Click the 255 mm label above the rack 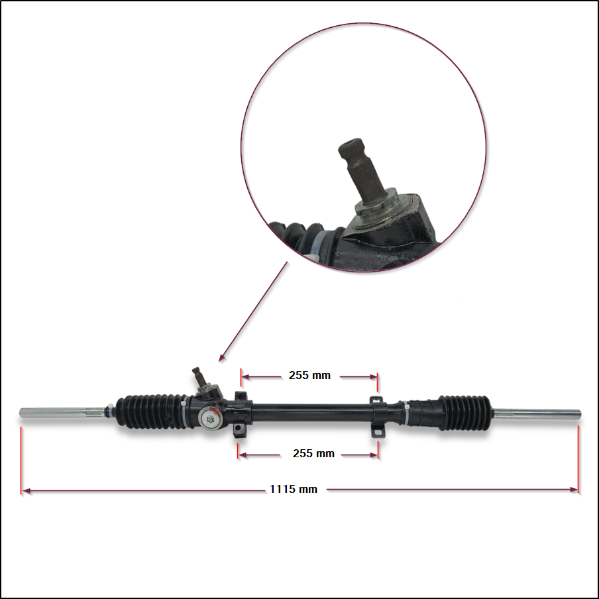click(309, 375)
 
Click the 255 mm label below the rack click(313, 453)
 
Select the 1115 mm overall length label click(294, 489)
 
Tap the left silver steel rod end click(62, 413)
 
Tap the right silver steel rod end click(537, 413)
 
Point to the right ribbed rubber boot click(464, 413)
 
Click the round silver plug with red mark click(210, 418)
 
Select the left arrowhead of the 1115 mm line click(26, 490)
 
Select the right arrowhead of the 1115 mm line click(574, 490)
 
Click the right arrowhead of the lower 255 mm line click(374, 455)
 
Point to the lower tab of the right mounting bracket click(378, 432)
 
